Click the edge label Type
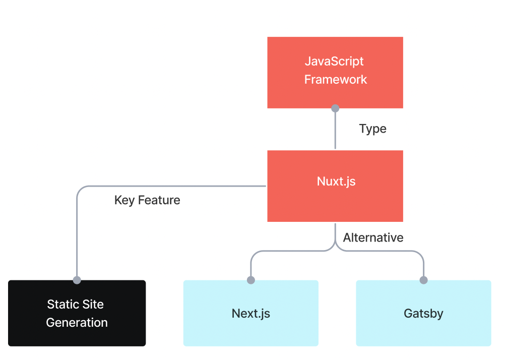pyautogui.click(x=372, y=129)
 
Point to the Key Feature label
pyautogui.click(x=147, y=200)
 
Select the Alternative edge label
pyautogui.click(x=373, y=237)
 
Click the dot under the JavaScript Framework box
pyautogui.click(x=335, y=108)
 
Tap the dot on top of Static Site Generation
pyautogui.click(x=77, y=280)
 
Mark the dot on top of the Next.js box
pyautogui.click(x=251, y=280)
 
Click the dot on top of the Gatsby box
pyautogui.click(x=423, y=280)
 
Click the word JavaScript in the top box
pyautogui.click(x=334, y=62)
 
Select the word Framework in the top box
pyautogui.click(x=335, y=80)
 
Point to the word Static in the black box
pyautogui.click(x=60, y=305)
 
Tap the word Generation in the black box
pyautogui.click(x=77, y=323)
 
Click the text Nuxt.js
pyautogui.click(x=336, y=182)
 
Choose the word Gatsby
pyautogui.click(x=423, y=314)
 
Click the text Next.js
pyautogui.click(x=250, y=314)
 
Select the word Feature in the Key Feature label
pyautogui.click(x=159, y=200)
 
